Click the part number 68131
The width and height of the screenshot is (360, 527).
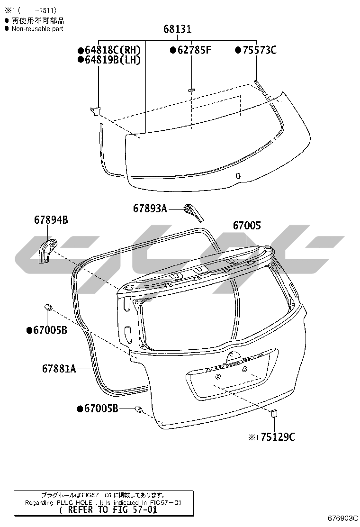pos(177,29)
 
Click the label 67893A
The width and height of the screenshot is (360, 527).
pos(150,209)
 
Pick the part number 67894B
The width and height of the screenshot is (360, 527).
pos(51,220)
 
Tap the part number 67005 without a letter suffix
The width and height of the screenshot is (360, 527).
pos(247,226)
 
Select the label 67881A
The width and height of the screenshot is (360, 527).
pos(59,369)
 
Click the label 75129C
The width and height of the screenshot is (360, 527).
pos(278,437)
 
